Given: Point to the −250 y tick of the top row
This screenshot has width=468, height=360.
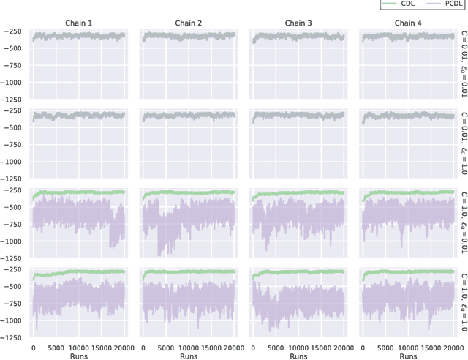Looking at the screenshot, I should point(15,32).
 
